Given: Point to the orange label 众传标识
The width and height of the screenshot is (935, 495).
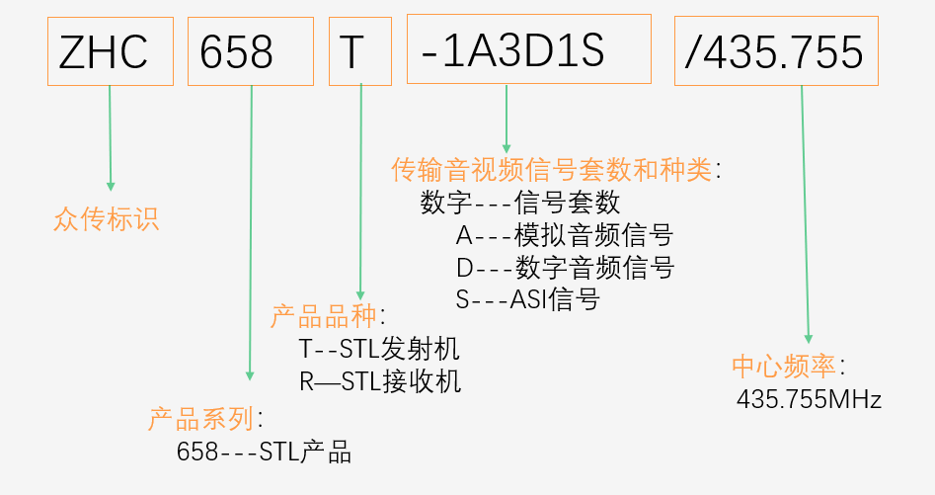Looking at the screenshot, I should pos(107,219).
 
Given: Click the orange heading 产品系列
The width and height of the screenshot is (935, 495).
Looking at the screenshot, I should pos(201,418).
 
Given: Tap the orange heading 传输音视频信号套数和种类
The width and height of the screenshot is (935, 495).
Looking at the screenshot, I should pos(552,170).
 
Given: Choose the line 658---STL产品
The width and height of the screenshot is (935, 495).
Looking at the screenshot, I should pos(264,453).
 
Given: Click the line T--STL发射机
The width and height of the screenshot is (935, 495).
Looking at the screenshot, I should pos(379,350).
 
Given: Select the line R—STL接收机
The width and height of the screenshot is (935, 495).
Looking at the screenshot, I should pos(380,381).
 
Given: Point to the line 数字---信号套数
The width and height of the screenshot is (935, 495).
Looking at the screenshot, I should pos(520,203).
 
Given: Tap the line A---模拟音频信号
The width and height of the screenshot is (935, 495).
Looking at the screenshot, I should pos(564,235).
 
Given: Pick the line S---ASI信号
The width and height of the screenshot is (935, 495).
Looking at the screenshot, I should pos(527,298).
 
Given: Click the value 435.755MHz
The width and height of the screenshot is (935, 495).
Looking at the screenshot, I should pos(809,399).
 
